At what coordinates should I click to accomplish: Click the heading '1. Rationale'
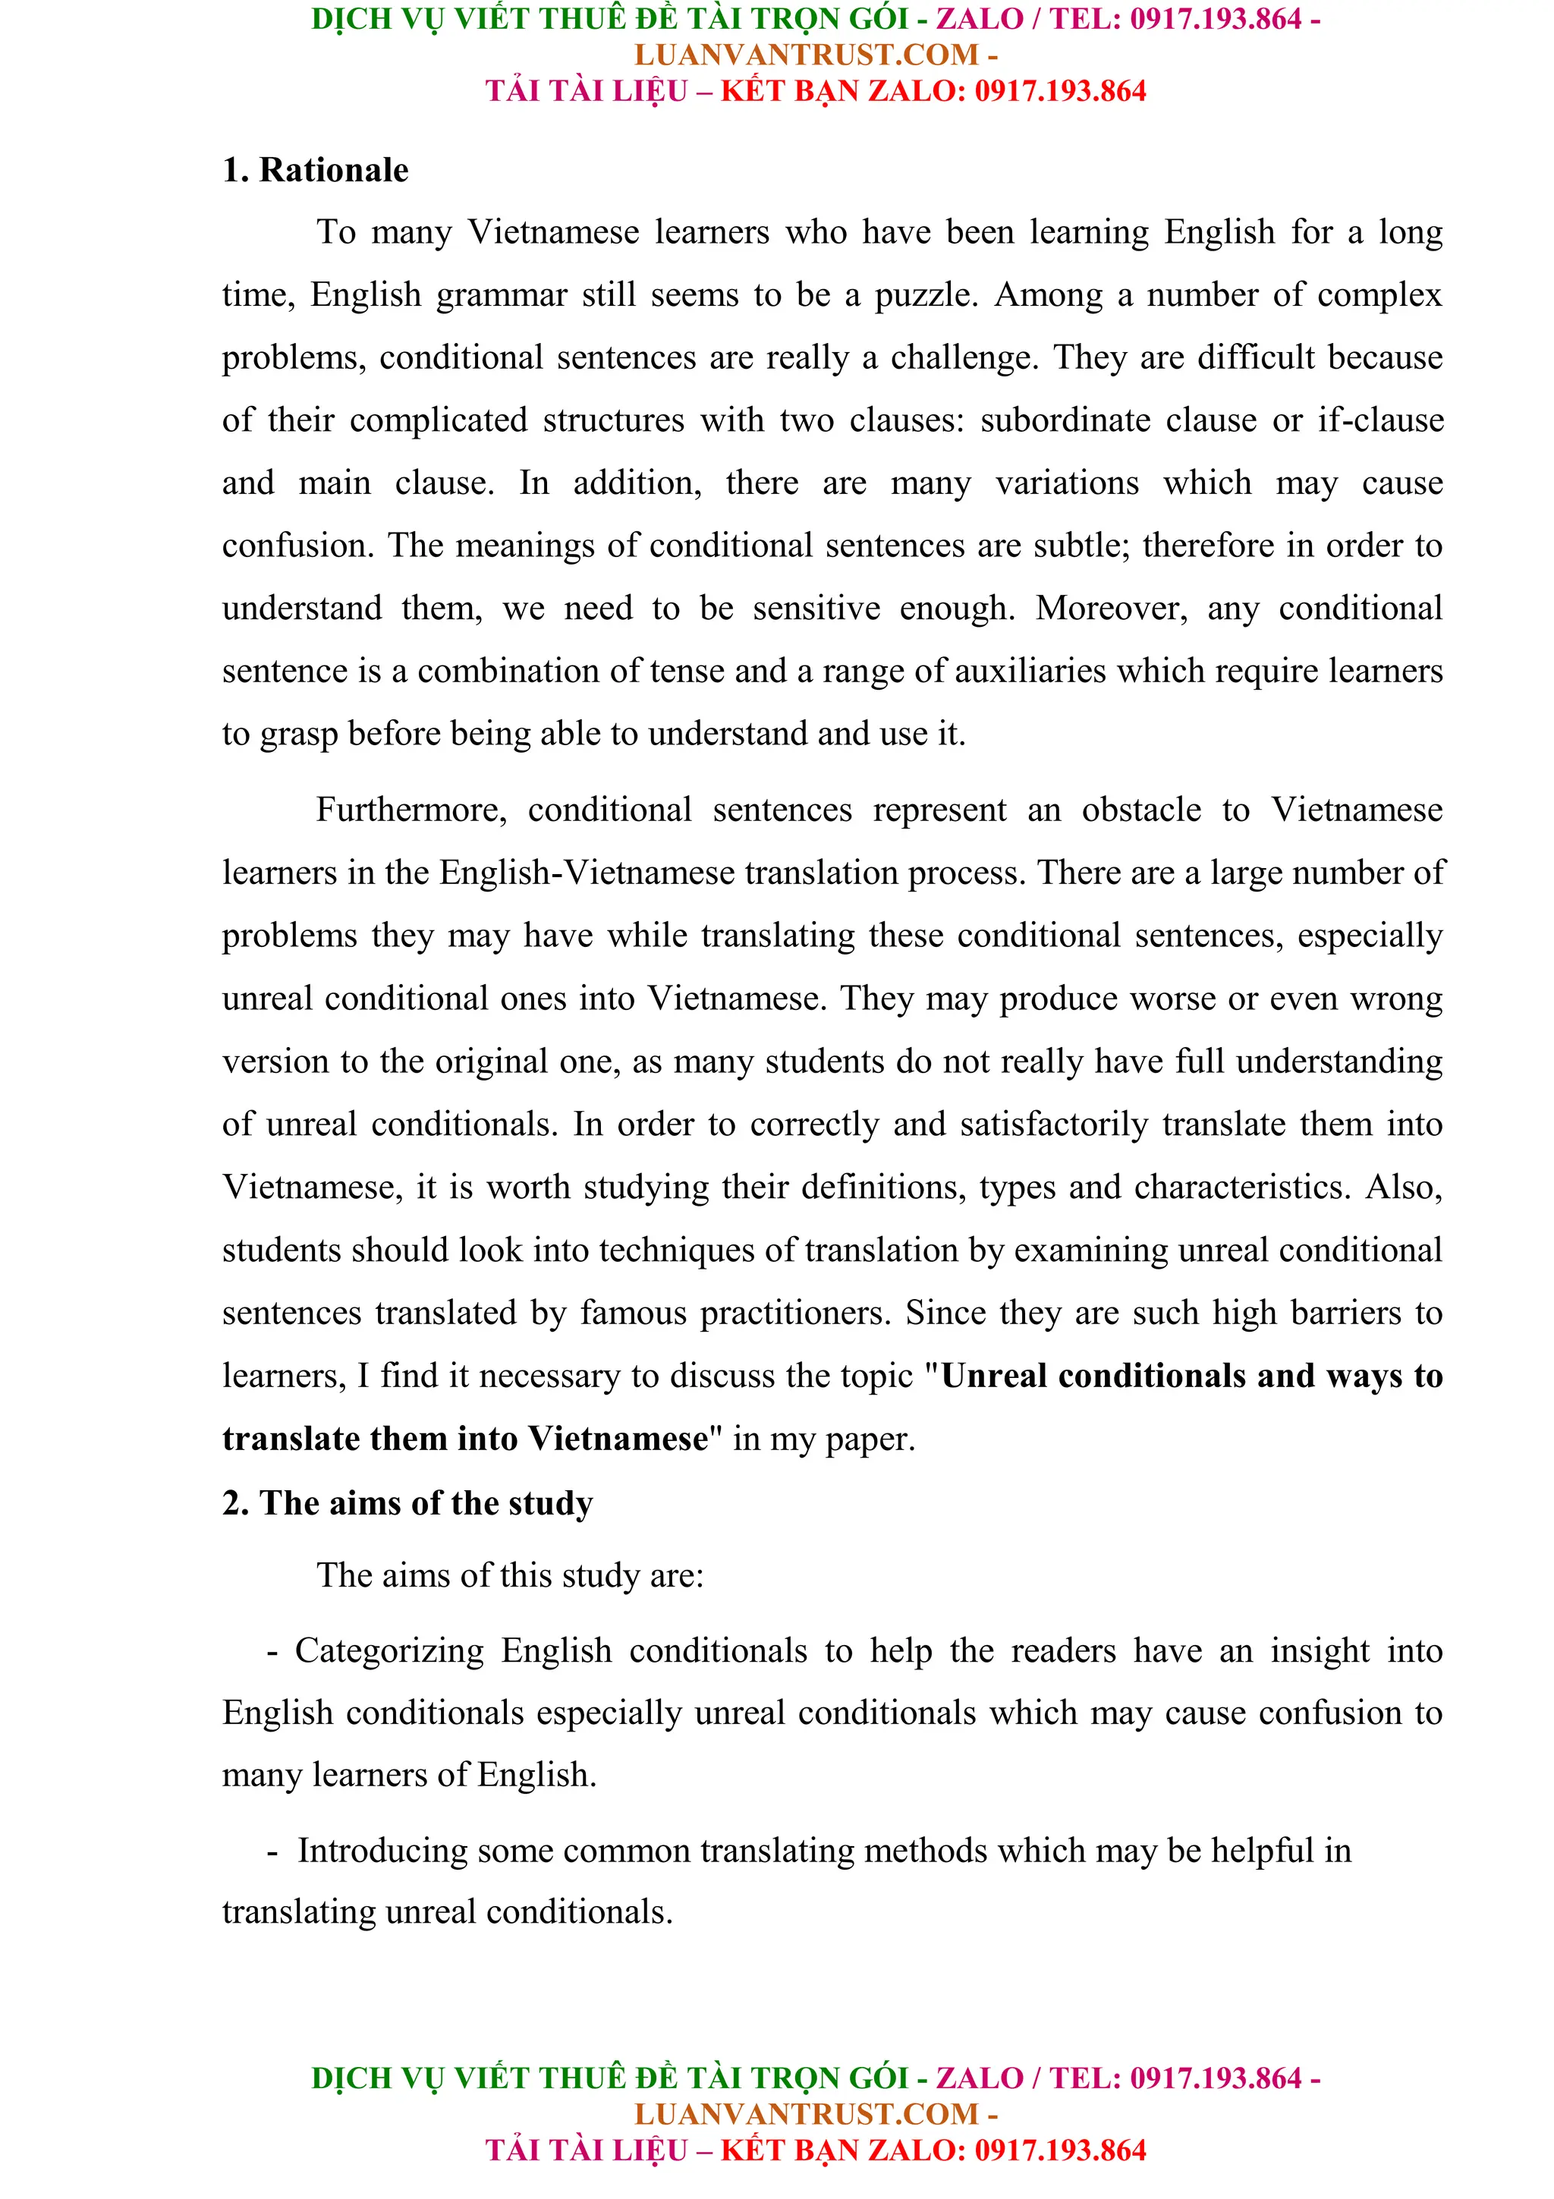pos(315,171)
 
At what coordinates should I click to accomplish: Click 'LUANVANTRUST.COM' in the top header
pos(806,55)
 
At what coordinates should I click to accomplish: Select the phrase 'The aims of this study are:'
pos(511,1575)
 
